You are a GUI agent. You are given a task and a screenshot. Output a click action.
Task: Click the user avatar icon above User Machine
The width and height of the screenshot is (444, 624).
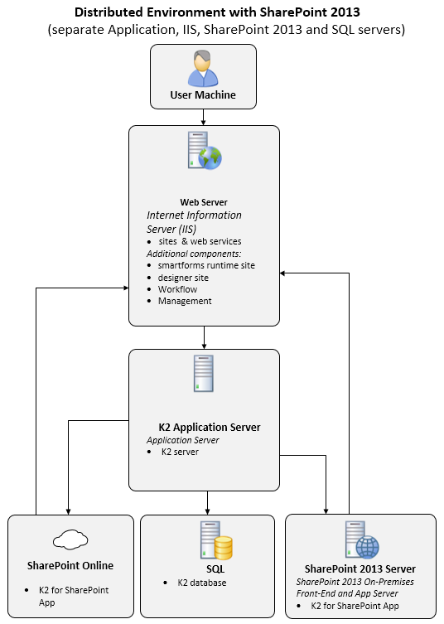click(x=203, y=68)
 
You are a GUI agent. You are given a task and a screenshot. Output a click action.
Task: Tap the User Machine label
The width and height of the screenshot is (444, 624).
click(x=203, y=94)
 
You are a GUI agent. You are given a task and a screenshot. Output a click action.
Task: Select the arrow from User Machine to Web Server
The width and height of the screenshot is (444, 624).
click(x=203, y=118)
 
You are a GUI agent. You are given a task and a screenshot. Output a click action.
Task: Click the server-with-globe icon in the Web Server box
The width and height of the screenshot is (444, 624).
click(x=205, y=151)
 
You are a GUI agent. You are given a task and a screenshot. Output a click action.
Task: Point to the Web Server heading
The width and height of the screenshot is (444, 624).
click(x=204, y=202)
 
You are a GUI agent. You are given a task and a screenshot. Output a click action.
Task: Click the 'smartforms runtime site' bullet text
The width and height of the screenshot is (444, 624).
click(x=206, y=265)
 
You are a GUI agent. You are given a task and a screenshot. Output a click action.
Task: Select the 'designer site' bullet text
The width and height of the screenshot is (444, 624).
click(x=183, y=278)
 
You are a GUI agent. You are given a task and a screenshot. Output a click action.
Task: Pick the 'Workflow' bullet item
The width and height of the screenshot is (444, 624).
click(x=177, y=289)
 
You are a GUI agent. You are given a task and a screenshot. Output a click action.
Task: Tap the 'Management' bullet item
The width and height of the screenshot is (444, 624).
click(x=185, y=301)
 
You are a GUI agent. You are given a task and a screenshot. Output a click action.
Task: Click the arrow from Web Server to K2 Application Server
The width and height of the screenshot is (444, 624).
click(x=204, y=337)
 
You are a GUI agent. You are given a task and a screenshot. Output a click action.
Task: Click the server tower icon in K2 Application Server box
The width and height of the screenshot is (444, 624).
click(x=204, y=373)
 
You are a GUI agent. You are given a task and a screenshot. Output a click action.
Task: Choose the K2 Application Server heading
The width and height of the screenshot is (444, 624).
click(x=210, y=427)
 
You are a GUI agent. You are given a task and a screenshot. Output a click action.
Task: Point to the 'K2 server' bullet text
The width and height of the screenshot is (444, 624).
click(x=180, y=452)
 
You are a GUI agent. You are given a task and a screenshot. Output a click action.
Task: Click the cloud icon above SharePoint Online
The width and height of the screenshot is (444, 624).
click(x=70, y=539)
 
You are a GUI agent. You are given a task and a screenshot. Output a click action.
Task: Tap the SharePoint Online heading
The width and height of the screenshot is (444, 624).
click(x=70, y=565)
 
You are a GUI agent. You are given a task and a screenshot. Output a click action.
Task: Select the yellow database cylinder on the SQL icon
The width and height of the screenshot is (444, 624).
click(x=223, y=548)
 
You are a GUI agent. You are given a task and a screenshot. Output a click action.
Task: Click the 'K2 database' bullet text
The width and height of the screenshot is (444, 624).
click(x=202, y=583)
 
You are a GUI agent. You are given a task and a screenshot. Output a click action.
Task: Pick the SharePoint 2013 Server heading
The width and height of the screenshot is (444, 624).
click(x=360, y=568)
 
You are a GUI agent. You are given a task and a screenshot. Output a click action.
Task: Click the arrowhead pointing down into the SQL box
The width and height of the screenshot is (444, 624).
click(x=207, y=511)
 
